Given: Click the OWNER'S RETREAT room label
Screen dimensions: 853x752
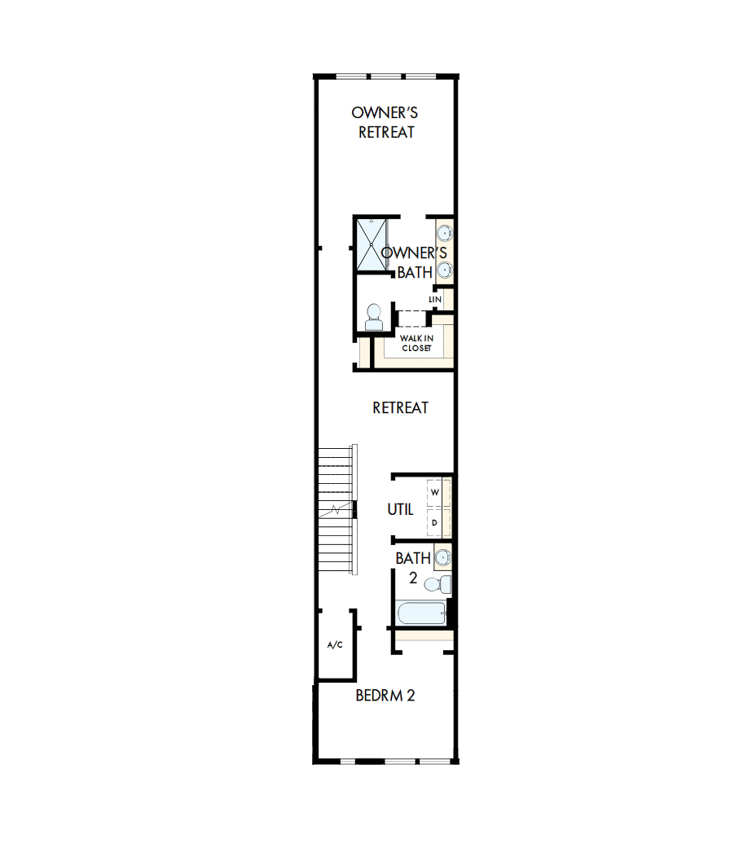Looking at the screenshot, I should pyautogui.click(x=385, y=122).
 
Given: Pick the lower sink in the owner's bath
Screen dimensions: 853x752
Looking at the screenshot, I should pyautogui.click(x=445, y=269).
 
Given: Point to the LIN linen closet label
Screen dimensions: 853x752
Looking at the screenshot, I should pyautogui.click(x=435, y=300).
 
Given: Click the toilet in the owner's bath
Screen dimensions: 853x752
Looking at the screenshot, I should pyautogui.click(x=374, y=317).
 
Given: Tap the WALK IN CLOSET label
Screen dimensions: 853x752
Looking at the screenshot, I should pyautogui.click(x=416, y=342).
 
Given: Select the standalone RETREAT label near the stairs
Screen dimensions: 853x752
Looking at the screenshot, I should pyautogui.click(x=400, y=407).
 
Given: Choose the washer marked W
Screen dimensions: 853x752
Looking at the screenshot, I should pyautogui.click(x=435, y=492).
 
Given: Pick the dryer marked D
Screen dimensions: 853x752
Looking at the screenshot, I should pyautogui.click(x=435, y=522).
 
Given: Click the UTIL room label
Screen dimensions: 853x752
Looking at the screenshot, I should pyautogui.click(x=400, y=510).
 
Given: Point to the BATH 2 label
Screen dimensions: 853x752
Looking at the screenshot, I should pyautogui.click(x=413, y=568).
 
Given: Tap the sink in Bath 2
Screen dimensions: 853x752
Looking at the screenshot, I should pyautogui.click(x=442, y=558).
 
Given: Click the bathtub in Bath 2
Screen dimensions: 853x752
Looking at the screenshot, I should pyautogui.click(x=419, y=613).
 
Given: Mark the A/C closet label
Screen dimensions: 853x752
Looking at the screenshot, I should pyautogui.click(x=335, y=645).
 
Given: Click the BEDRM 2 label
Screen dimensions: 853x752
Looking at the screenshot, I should pyautogui.click(x=385, y=696).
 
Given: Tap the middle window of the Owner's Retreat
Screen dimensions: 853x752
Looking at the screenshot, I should pyautogui.click(x=386, y=77).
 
